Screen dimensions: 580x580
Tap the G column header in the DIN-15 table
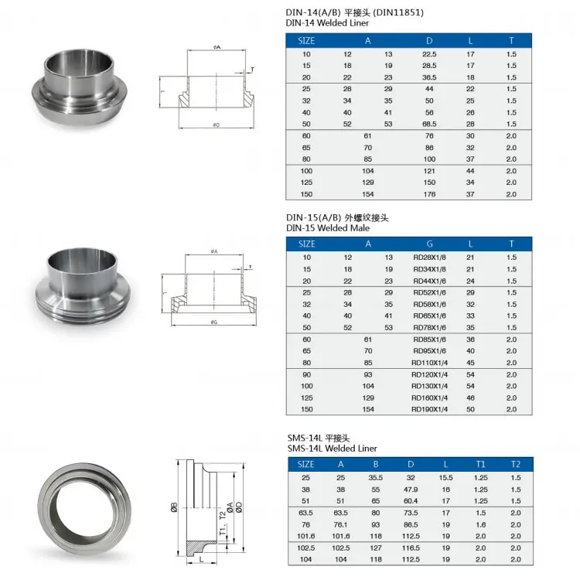(429, 244)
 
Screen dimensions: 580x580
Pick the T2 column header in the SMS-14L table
(516, 464)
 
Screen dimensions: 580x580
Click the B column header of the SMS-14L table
(375, 464)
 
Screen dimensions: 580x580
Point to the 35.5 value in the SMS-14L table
(375, 477)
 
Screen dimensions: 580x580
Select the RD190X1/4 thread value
(429, 409)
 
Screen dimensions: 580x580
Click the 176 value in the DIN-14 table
(429, 194)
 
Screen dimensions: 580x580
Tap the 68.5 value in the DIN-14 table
(429, 124)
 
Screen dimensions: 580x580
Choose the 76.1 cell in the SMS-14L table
(340, 524)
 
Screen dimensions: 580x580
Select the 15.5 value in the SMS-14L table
(446, 477)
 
